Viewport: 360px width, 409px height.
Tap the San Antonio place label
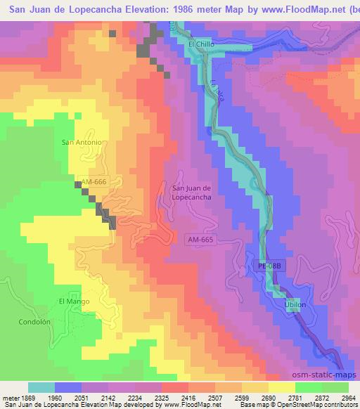pyautogui.click(x=83, y=142)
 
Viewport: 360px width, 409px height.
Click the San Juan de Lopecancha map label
pyautogui.click(x=188, y=193)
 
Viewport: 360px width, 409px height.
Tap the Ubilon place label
pyautogui.click(x=295, y=305)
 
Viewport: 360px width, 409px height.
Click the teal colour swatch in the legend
pyautogui.click(x=41, y=387)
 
